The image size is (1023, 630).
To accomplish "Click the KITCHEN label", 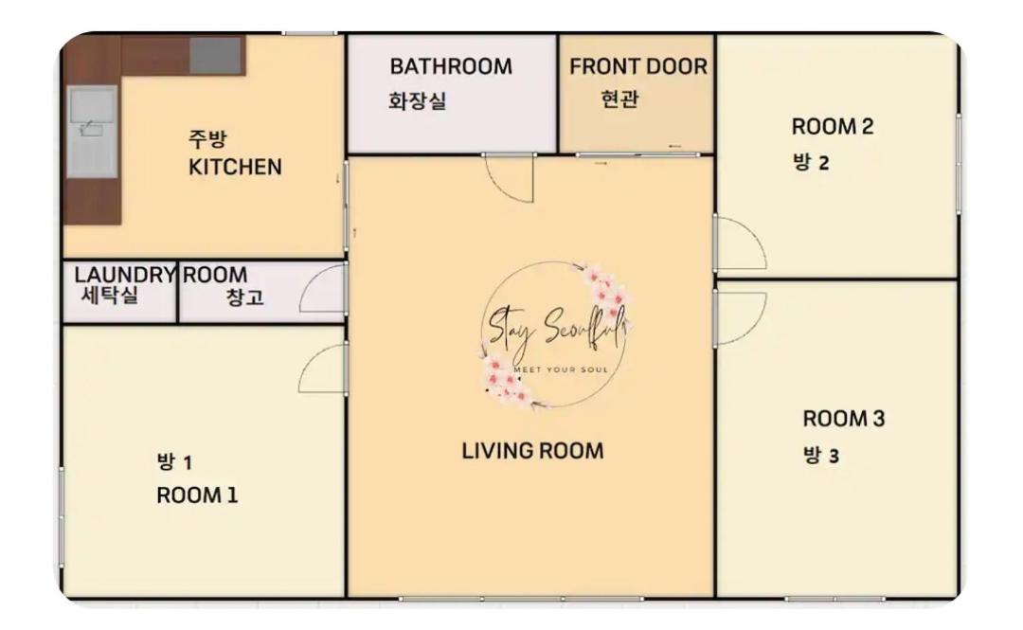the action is [x=235, y=167].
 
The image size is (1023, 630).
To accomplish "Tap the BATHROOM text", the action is [x=451, y=66].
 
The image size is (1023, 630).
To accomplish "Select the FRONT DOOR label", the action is [x=638, y=66].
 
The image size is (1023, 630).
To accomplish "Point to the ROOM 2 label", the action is [x=833, y=127].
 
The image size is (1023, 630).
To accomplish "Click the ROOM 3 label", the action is [x=844, y=419].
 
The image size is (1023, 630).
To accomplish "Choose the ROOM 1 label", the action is [x=197, y=495].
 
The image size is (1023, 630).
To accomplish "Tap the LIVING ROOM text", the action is [x=532, y=450].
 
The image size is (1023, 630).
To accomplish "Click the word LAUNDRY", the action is [x=125, y=275].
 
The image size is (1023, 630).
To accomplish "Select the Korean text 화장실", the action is [x=418, y=100].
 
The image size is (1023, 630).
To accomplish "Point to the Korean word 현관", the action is [x=619, y=99].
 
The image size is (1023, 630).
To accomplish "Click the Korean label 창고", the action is [x=244, y=297].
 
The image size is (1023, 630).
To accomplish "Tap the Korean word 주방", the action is [x=207, y=138].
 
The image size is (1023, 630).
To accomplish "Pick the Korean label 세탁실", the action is [x=110, y=295].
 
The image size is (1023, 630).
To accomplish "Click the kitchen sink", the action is [x=93, y=134].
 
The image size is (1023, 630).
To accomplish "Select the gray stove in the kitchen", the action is [x=216, y=55].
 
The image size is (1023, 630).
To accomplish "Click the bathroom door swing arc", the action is [x=501, y=188].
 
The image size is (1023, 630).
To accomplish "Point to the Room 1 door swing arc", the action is [x=309, y=359].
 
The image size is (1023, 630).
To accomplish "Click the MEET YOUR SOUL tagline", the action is [x=561, y=369].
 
